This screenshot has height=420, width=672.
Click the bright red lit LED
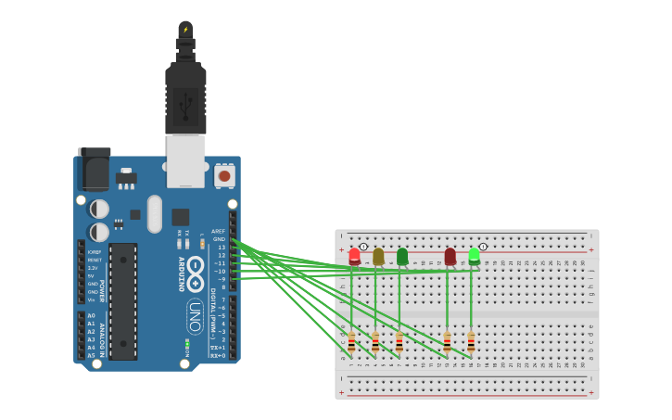[x=354, y=256]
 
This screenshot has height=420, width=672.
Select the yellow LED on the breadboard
[x=378, y=256]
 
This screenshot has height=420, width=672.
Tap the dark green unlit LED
[x=402, y=256]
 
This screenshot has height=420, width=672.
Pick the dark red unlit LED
[x=450, y=256]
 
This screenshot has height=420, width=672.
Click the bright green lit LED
[x=474, y=256]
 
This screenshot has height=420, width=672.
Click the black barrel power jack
[x=94, y=169]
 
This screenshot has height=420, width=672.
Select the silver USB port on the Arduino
[x=185, y=160]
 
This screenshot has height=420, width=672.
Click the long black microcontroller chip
[x=123, y=301]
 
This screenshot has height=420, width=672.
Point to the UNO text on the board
[x=195, y=315]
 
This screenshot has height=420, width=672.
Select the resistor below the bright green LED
[x=471, y=342]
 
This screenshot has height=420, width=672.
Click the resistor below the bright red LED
[x=351, y=342]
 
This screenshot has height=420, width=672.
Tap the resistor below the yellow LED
[x=375, y=342]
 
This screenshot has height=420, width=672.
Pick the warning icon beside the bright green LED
[x=483, y=247]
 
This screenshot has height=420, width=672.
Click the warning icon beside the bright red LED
[x=363, y=247]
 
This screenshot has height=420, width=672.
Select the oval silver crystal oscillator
[x=154, y=213]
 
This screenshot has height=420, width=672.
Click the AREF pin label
[x=218, y=231]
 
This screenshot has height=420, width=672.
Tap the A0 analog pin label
[x=91, y=316]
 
